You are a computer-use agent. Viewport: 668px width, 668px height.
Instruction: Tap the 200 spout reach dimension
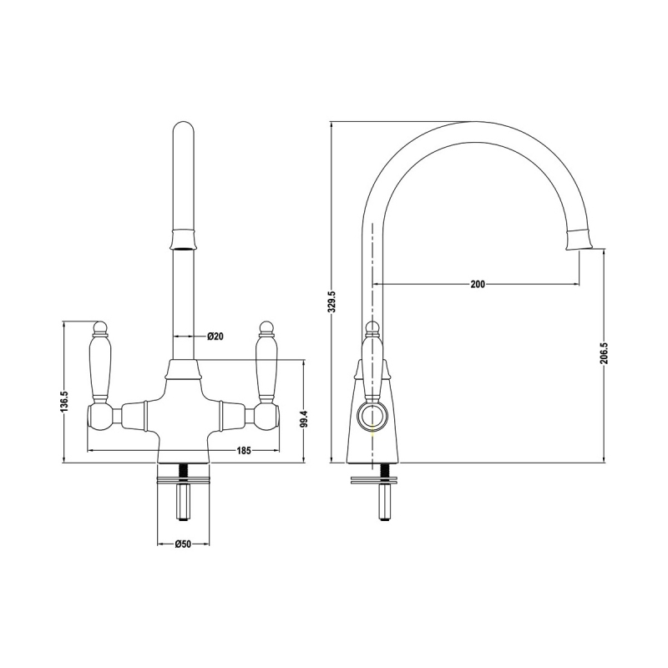[x=477, y=285]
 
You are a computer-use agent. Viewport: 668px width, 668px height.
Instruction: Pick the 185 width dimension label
[x=244, y=451]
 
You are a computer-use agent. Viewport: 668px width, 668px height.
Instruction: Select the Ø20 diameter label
[x=215, y=337]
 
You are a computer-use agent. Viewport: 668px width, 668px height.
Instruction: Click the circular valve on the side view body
[x=367, y=414]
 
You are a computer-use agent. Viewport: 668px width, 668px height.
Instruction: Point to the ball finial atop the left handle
[x=100, y=326]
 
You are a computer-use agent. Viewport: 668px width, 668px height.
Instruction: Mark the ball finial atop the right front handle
[x=267, y=326]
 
